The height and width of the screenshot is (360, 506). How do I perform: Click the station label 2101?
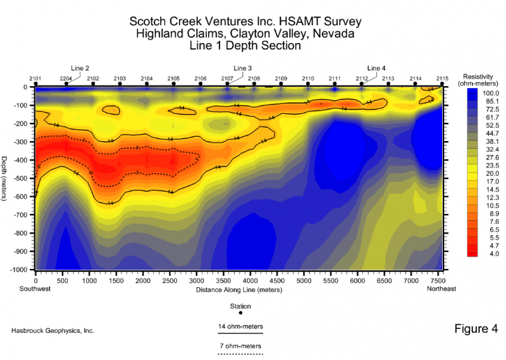[x=35, y=78]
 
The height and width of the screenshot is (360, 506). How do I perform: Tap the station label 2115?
[x=442, y=78]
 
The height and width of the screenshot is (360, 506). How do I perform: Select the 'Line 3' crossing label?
[x=243, y=68]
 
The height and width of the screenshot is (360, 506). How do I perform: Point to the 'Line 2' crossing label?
[x=80, y=68]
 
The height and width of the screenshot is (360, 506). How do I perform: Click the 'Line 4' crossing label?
[x=376, y=68]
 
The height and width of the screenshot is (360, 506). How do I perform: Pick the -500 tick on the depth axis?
[x=23, y=179]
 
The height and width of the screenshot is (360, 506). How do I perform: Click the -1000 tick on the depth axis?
[x=22, y=270]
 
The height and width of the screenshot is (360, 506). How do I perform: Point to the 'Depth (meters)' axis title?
[x=6, y=179]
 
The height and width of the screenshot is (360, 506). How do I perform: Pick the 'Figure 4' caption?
[x=476, y=329]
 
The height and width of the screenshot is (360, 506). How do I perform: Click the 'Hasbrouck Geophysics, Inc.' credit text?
[x=53, y=331]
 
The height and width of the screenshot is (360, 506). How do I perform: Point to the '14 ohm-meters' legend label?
[x=240, y=326]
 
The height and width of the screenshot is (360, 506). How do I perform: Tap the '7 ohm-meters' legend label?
[x=240, y=346]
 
